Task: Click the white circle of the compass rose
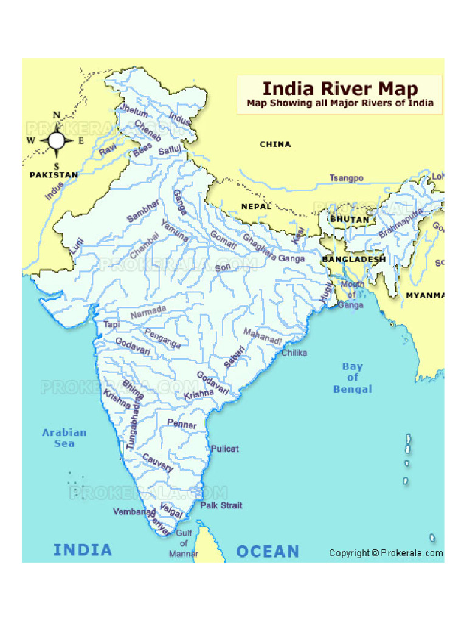click(57, 140)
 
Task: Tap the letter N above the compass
click(57, 115)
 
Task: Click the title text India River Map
click(340, 88)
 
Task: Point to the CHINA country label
click(275, 144)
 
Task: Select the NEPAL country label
click(256, 207)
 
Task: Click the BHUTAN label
click(350, 219)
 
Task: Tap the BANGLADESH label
click(353, 259)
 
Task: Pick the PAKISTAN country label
click(54, 175)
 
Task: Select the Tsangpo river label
click(347, 178)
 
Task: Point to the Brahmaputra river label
click(400, 223)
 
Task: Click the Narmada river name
click(148, 312)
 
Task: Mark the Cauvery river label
click(157, 462)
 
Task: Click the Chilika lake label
click(294, 352)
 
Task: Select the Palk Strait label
click(221, 505)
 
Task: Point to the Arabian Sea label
click(64, 438)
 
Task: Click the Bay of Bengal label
click(352, 378)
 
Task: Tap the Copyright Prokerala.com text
click(386, 553)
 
